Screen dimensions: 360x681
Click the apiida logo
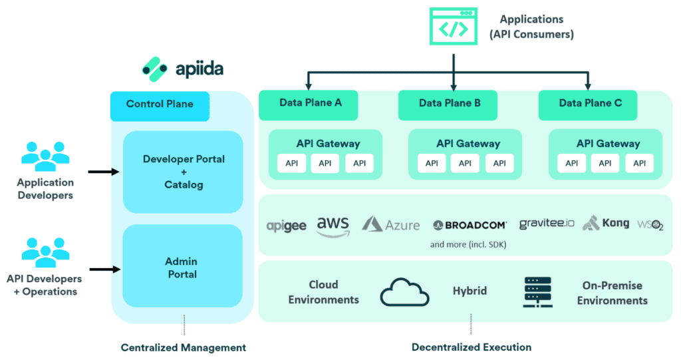point(181,68)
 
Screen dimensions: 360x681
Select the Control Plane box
point(160,104)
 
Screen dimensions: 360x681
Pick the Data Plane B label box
point(449,104)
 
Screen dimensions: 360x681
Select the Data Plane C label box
point(589,104)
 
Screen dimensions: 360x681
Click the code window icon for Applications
point(454,27)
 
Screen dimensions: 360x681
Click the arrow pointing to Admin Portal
point(103,270)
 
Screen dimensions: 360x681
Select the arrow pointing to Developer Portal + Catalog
point(103,172)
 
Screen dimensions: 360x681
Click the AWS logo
point(333,225)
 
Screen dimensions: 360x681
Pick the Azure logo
point(391,224)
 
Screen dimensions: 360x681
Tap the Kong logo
point(605,224)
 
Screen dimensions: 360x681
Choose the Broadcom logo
point(469,225)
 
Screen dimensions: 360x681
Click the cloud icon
point(405,292)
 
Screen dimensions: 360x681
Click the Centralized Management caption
point(184,347)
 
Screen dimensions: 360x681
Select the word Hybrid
point(470,291)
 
